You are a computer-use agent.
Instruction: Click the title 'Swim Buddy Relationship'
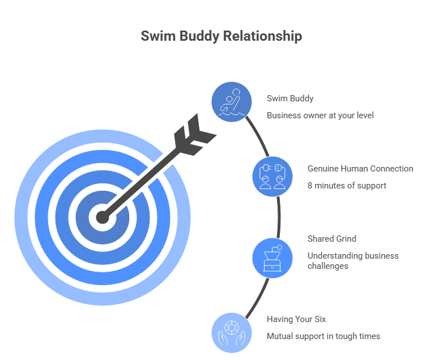[x=221, y=36]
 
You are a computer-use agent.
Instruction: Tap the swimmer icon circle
[x=232, y=102]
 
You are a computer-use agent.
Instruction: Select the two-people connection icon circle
[x=272, y=176]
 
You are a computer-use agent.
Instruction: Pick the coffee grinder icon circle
[x=272, y=258]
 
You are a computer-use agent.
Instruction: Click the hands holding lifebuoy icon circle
[x=232, y=332]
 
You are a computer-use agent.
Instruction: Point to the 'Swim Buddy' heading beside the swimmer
[x=290, y=98]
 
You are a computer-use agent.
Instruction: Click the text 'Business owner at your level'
[x=320, y=115]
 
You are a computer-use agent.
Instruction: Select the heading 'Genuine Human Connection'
[x=360, y=169]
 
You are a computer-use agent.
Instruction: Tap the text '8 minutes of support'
[x=347, y=186]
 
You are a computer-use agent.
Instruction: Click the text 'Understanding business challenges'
[x=353, y=261]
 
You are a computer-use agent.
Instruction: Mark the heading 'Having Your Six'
[x=296, y=319]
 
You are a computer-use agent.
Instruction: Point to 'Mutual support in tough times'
[x=323, y=336]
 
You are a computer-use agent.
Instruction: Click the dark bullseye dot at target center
[x=102, y=216]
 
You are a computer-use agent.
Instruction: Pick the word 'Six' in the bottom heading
[x=320, y=319]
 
